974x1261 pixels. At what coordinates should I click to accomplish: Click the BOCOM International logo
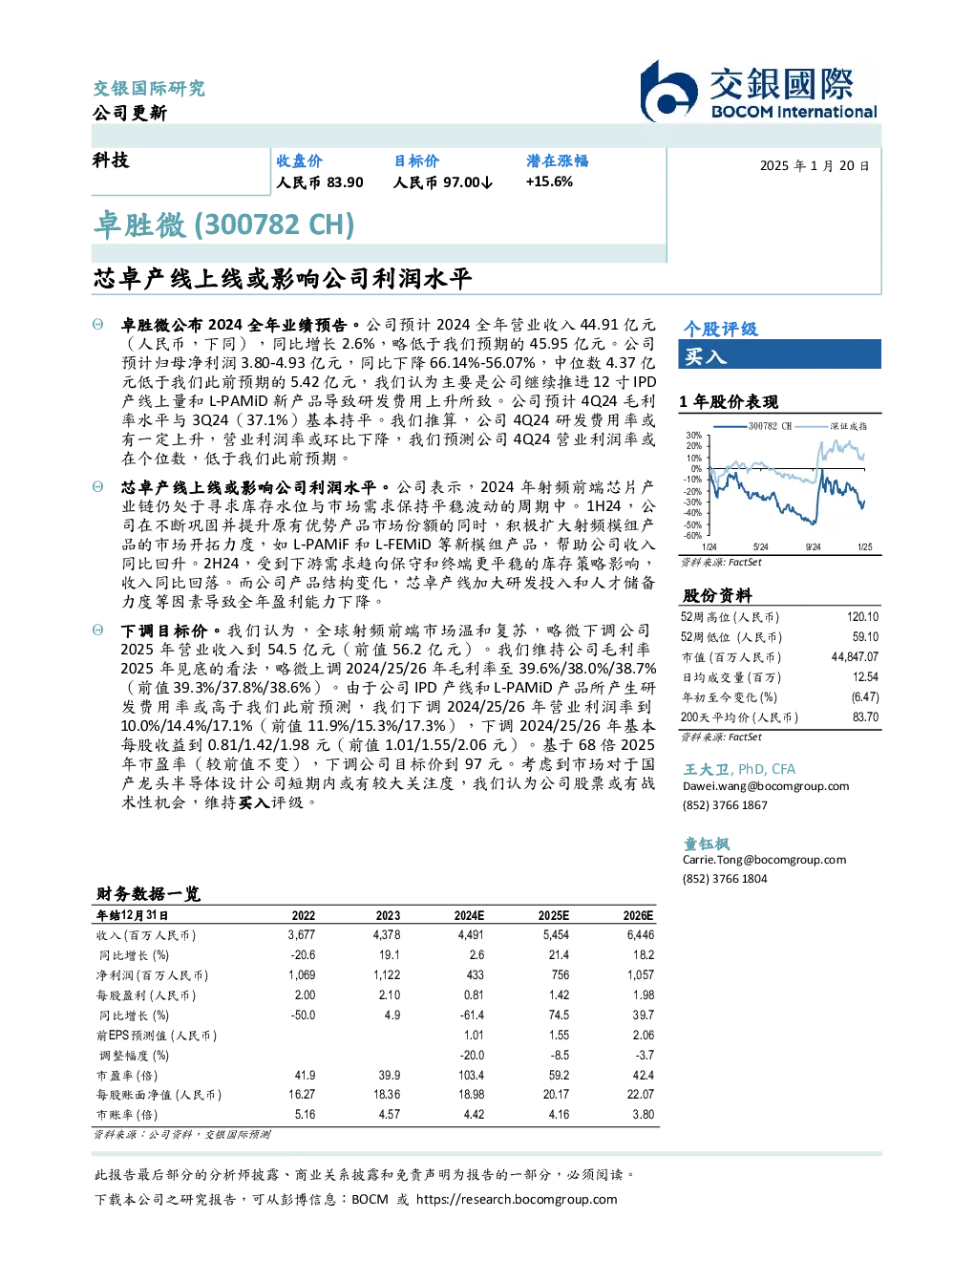coord(759,91)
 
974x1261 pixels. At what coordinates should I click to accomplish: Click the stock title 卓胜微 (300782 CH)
coord(223,224)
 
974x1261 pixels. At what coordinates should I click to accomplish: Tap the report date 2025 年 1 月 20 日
coord(815,166)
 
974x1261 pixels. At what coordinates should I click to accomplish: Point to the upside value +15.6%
coord(549,182)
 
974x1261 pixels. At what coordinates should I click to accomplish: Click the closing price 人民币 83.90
coord(320,182)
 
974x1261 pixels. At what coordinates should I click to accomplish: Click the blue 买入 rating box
coord(779,354)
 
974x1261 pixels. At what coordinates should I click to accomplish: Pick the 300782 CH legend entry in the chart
coord(752,426)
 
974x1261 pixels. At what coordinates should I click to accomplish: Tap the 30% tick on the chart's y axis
coord(694,436)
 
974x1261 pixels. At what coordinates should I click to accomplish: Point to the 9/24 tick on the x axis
coord(814,546)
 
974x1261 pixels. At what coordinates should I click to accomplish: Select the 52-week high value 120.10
coord(862,617)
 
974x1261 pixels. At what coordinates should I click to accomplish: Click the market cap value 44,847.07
coord(855,657)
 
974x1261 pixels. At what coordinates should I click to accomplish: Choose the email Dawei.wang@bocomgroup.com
coord(766,786)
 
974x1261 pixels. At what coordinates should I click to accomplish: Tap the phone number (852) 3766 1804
coord(725,879)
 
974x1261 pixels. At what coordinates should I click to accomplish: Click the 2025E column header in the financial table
coord(554,916)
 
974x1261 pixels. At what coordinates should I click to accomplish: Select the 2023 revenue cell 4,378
coord(387,935)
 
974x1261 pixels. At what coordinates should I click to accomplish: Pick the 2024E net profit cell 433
coord(475,975)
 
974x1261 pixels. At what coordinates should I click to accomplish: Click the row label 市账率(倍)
coord(126,1115)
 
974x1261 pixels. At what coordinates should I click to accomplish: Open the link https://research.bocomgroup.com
coord(517,1200)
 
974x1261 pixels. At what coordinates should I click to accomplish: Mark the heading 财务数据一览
coord(149,893)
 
